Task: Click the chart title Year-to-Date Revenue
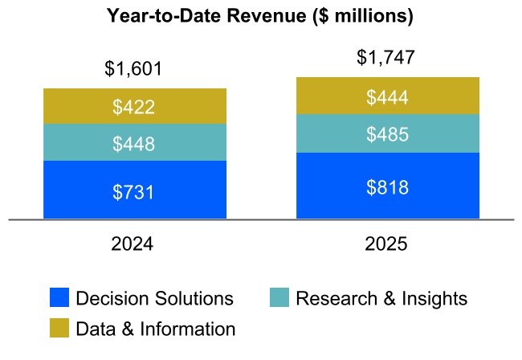point(261,15)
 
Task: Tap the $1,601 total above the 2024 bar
point(134,69)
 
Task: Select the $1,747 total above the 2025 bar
point(387,57)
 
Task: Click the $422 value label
point(134,107)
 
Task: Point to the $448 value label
point(134,144)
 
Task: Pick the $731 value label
point(134,192)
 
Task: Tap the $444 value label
point(387,97)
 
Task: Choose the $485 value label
point(387,134)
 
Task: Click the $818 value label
point(387,187)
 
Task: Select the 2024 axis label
point(134,244)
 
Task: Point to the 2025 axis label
point(387,244)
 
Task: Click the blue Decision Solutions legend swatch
point(59,299)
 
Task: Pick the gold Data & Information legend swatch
point(59,329)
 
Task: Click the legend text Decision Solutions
point(154,299)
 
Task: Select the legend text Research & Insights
point(381,299)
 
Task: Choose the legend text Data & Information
point(155,329)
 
